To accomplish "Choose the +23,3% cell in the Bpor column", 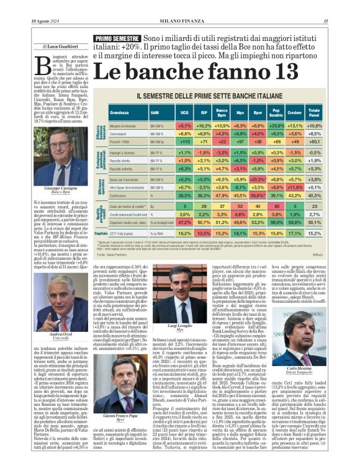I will [x=256, y=179].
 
